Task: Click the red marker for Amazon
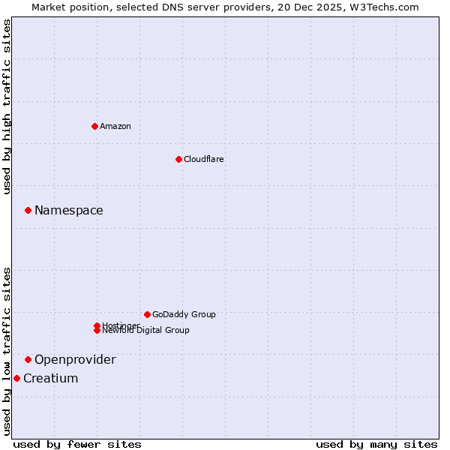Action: coord(94,126)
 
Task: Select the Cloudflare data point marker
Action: coord(178,159)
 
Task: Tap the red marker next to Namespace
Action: coord(28,210)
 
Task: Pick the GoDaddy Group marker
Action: coord(147,314)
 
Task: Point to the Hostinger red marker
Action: coord(97,325)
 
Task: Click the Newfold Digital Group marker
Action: coord(97,331)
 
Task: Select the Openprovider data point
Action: coord(28,359)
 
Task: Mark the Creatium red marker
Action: coord(16,378)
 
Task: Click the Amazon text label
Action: coord(115,126)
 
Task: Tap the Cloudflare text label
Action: coord(204,159)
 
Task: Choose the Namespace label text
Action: coord(69,210)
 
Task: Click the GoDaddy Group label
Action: coord(184,314)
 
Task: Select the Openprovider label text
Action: coord(75,359)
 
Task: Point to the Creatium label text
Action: coord(51,378)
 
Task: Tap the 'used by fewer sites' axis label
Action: coord(77,444)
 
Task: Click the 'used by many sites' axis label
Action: coord(376,444)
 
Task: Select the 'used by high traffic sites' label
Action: coord(7,107)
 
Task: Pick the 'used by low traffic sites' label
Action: coord(7,351)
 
